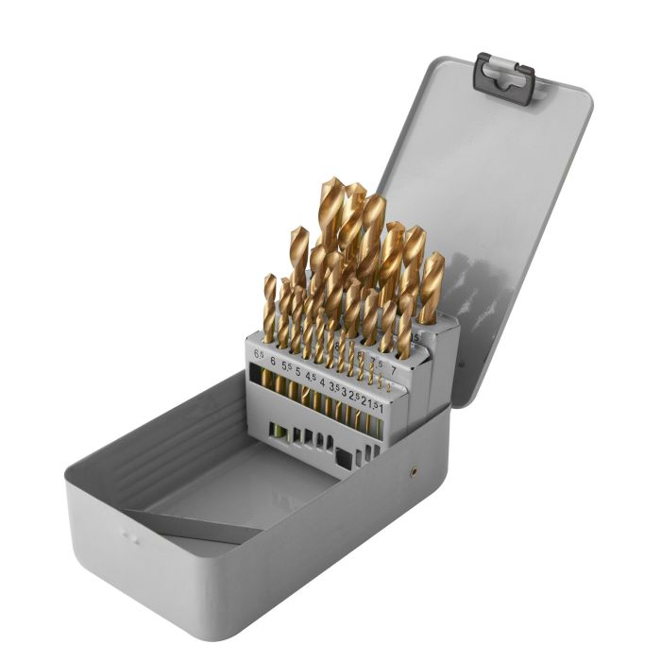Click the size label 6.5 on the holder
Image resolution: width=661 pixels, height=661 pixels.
coord(259,354)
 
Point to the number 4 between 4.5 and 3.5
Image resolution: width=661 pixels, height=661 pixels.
coord(321,382)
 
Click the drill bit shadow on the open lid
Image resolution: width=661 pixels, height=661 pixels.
coord(472,283)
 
